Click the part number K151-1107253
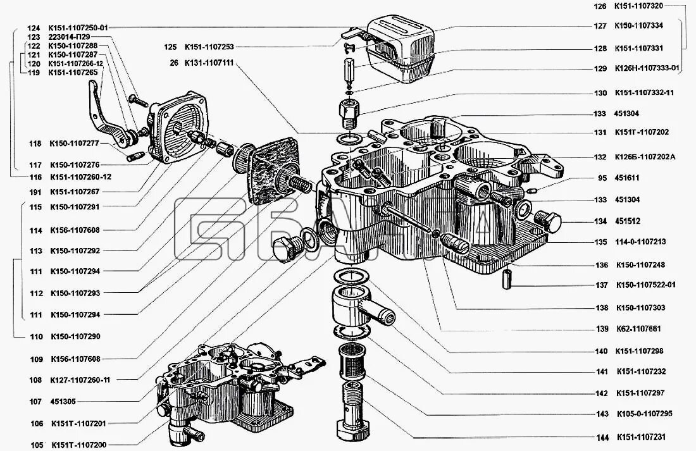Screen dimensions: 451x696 [x=209, y=47]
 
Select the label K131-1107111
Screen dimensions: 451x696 [x=209, y=63]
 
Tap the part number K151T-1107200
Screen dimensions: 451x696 [x=78, y=445]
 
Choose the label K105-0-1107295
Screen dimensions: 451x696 [x=645, y=414]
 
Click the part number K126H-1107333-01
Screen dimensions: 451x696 [x=647, y=68]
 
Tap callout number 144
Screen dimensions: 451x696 [x=601, y=437]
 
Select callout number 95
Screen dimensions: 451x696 [x=601, y=178]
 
